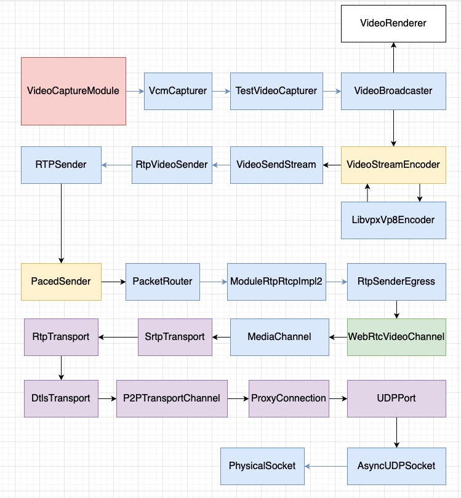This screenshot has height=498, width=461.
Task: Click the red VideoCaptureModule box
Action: pos(73,91)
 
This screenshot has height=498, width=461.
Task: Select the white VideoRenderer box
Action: pos(393,23)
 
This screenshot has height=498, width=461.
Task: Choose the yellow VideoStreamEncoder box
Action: pos(393,165)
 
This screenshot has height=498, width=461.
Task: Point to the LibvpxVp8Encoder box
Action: pos(393,219)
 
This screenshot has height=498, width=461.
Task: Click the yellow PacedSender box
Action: pos(61,282)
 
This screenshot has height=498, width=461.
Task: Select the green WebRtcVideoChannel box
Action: pos(396,337)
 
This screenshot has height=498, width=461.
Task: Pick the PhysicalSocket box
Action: pos(262,465)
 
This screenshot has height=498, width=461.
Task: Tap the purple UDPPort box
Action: pos(396,398)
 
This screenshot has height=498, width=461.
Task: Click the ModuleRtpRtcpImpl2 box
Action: pos(276,282)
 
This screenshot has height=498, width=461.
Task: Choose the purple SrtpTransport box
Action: pos(175,337)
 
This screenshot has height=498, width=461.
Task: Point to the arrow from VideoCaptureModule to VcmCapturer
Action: pos(135,91)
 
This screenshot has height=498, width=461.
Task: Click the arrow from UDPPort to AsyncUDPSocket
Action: pos(396,432)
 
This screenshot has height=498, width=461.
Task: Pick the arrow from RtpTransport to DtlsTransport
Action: pos(61,368)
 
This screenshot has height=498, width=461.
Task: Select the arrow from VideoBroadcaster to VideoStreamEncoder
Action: pos(393,128)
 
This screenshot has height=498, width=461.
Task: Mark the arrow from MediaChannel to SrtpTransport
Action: pos(221,337)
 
